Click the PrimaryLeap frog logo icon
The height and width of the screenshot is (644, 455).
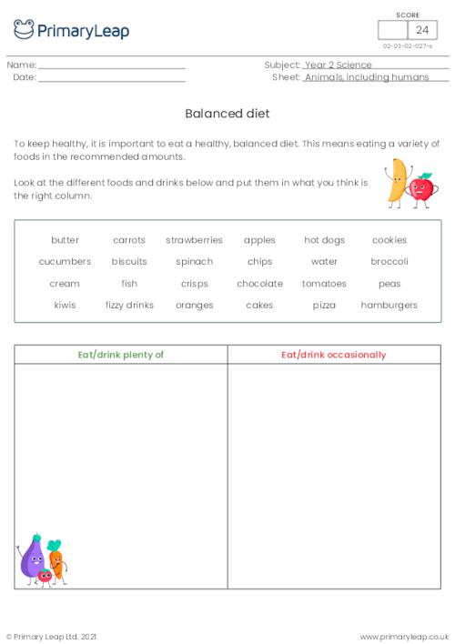(24, 29)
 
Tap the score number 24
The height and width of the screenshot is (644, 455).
(421, 30)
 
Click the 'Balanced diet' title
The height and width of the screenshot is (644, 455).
(227, 115)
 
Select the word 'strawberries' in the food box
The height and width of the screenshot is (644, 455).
(194, 240)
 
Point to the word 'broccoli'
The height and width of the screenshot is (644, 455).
(389, 262)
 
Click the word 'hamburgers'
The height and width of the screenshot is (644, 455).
(389, 306)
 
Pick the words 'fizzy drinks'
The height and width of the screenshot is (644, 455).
(129, 306)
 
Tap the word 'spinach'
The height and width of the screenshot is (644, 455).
(194, 262)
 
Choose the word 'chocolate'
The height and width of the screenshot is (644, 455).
(259, 284)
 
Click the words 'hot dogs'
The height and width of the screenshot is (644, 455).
(324, 240)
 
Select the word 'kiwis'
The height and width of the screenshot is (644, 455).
(65, 306)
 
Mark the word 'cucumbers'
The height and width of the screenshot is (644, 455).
(65, 262)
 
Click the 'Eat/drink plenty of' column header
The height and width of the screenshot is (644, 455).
(121, 355)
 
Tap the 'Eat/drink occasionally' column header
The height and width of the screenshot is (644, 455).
(334, 355)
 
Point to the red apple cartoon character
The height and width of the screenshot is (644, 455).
(421, 188)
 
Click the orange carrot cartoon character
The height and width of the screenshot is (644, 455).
(56, 559)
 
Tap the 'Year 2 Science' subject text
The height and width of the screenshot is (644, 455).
(338, 65)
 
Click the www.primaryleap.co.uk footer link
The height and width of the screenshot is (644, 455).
(404, 636)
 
